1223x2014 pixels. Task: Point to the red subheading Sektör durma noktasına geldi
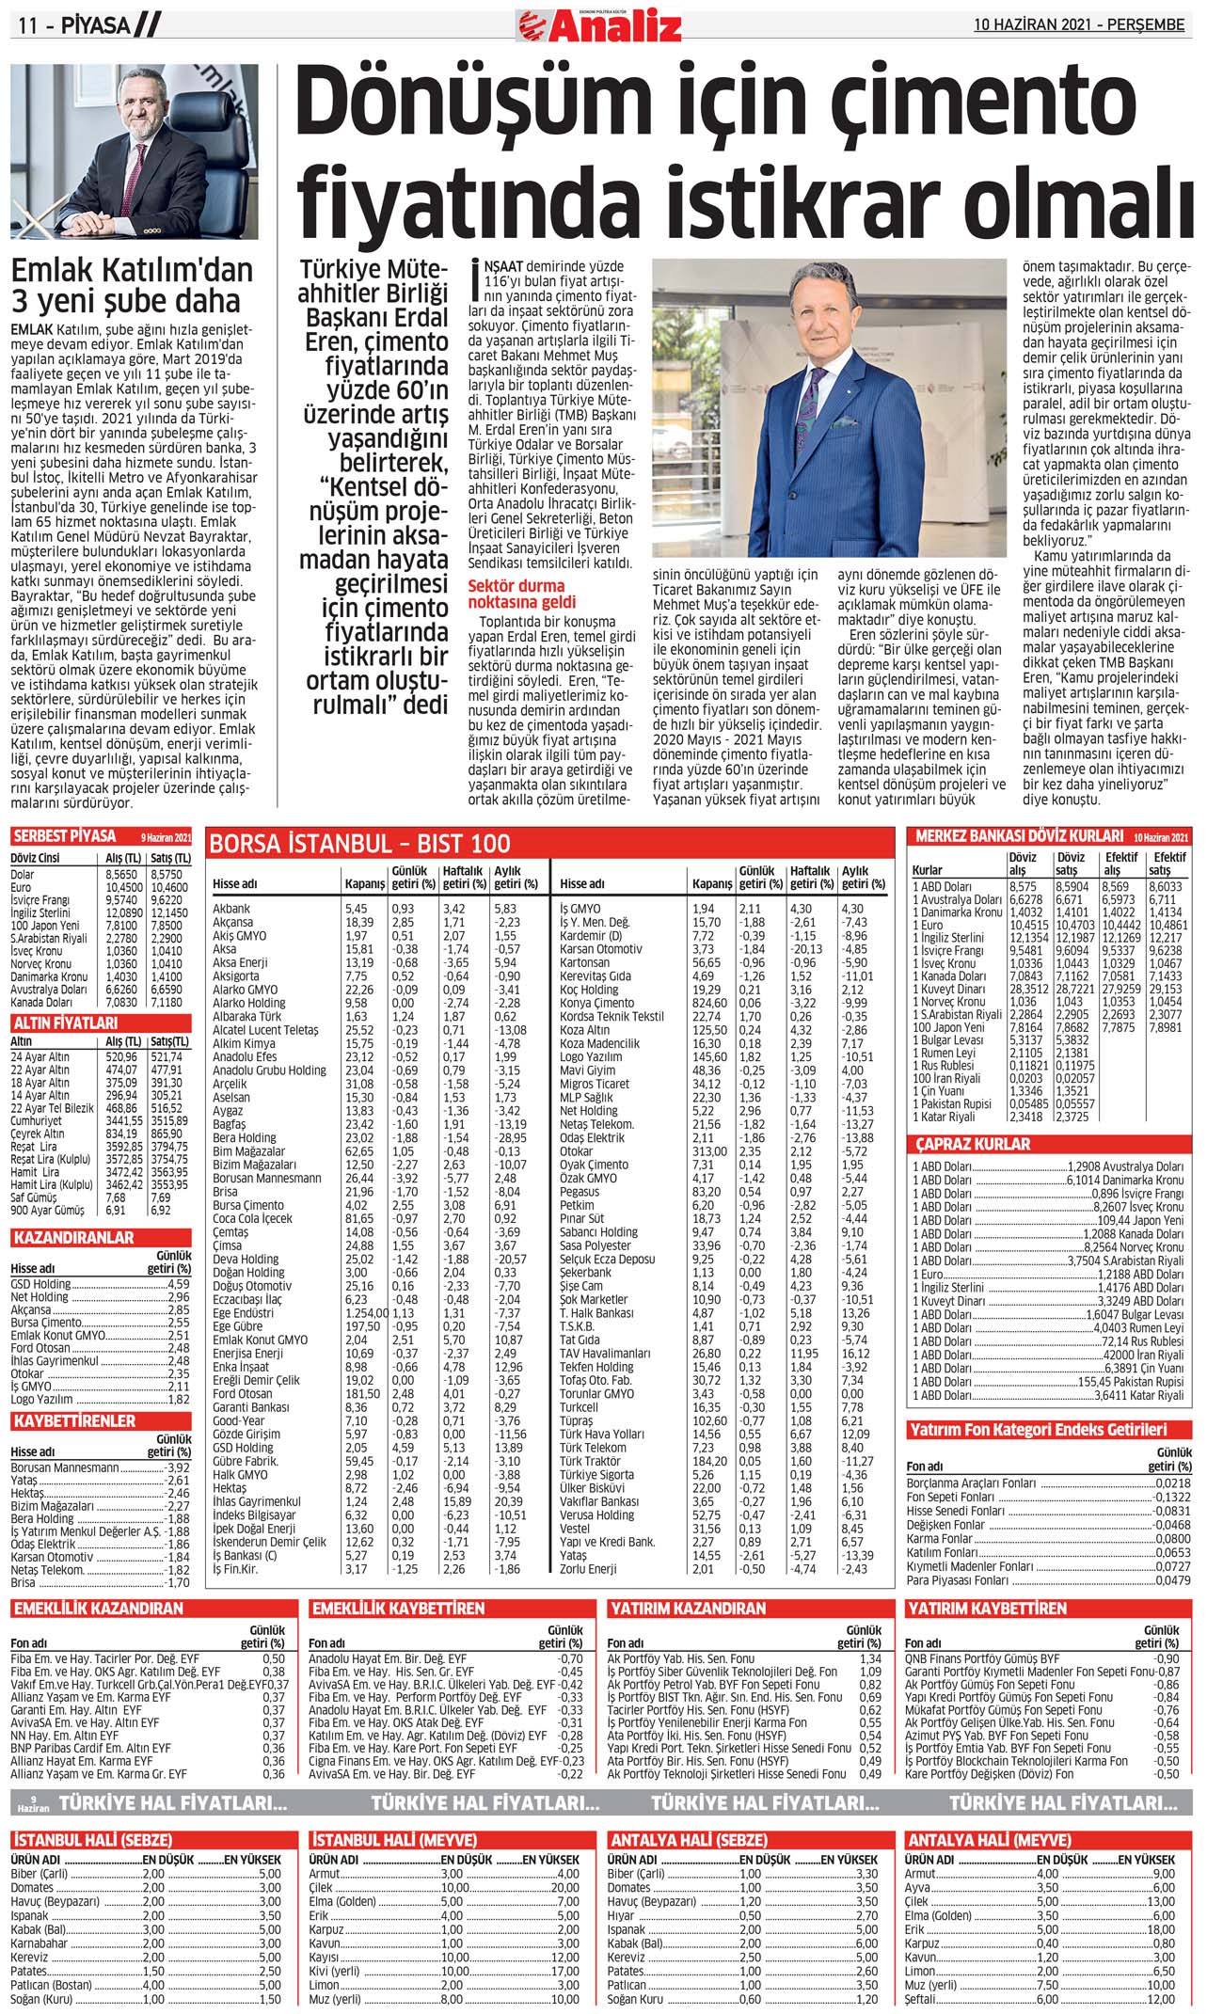(523, 595)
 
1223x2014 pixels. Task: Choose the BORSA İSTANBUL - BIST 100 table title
(359, 844)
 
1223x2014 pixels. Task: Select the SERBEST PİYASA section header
(65, 836)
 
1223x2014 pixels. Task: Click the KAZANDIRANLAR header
(73, 1238)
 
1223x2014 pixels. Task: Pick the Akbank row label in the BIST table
(231, 910)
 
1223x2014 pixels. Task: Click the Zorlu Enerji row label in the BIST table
(588, 1569)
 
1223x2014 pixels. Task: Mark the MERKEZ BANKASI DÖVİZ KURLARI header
(1019, 836)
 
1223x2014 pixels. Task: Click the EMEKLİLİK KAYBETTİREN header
(398, 1609)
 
